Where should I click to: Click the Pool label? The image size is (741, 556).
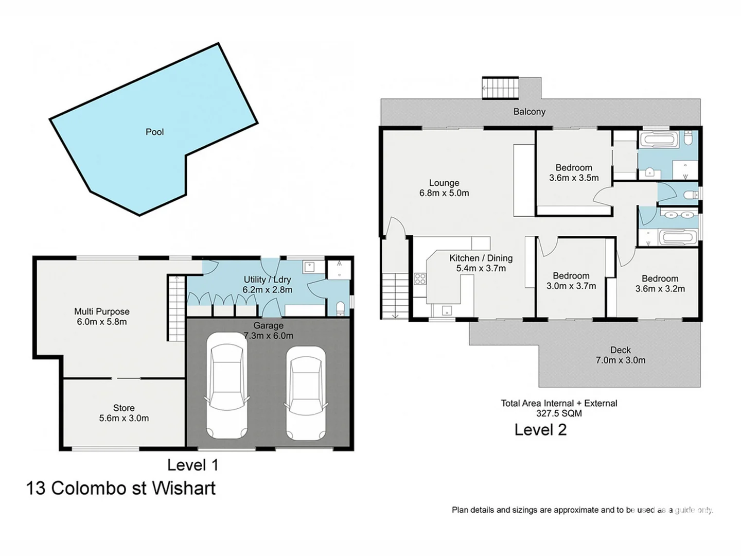[x=154, y=132]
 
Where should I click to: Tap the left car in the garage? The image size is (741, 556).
[x=226, y=385]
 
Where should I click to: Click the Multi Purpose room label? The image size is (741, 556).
[x=101, y=311]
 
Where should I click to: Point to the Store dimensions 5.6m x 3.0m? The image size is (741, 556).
[x=123, y=419]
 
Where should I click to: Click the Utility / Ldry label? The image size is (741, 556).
[x=267, y=280]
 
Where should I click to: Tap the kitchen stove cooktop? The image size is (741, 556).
[x=420, y=279]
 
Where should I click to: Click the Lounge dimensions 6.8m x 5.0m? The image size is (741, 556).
[x=444, y=194]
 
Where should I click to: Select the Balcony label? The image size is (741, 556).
[x=529, y=112]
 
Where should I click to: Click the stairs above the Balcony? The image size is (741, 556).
[x=500, y=88]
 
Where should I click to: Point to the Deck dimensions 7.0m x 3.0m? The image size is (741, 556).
[x=620, y=360]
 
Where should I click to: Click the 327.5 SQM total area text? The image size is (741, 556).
[x=559, y=413]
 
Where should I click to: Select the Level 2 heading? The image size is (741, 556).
[x=540, y=430]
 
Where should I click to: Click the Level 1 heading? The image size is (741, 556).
[x=192, y=465]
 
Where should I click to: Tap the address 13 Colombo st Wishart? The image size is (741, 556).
[x=121, y=488]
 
